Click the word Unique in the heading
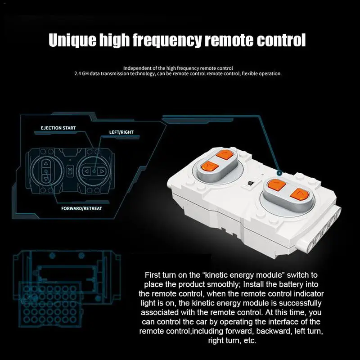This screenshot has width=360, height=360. point(72,40)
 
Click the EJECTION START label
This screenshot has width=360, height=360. point(58,128)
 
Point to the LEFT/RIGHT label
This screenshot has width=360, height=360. point(121,132)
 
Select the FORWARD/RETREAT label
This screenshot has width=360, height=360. point(81,208)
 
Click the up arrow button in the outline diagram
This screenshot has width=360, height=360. point(46,163)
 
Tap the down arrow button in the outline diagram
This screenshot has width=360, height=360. point(46,179)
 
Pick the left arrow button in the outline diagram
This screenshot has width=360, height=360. point(86,171)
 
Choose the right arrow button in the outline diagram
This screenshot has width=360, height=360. point(102,171)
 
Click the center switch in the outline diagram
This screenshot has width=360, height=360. point(70,171)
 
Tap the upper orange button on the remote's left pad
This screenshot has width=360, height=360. point(225,155)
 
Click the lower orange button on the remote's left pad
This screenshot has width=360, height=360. point(209,166)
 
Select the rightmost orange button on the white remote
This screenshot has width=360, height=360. point(299,194)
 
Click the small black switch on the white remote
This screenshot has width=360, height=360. point(251,183)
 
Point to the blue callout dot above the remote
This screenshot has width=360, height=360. point(279,173)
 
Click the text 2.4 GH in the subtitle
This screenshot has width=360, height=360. point(81,74)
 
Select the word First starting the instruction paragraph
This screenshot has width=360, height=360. point(153,275)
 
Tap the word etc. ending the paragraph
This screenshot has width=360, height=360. point(250,341)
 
